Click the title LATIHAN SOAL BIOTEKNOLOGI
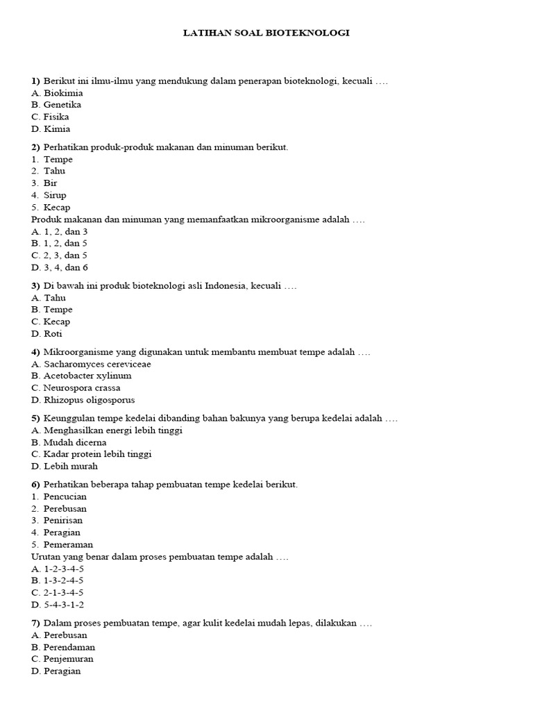[x=266, y=33]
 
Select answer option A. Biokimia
[x=57, y=93]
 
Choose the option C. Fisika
[x=51, y=117]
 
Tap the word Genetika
[x=62, y=105]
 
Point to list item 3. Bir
[x=44, y=183]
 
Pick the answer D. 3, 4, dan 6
[x=60, y=267]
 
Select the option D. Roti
[x=47, y=334]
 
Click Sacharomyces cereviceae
[x=97, y=364]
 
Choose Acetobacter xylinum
[x=87, y=376]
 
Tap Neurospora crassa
[x=81, y=388]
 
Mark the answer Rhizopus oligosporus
[x=89, y=400]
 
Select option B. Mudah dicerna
[x=69, y=442]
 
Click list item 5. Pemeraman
[x=62, y=545]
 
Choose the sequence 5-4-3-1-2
[x=64, y=605]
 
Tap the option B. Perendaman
[x=63, y=647]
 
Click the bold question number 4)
[x=36, y=352]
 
